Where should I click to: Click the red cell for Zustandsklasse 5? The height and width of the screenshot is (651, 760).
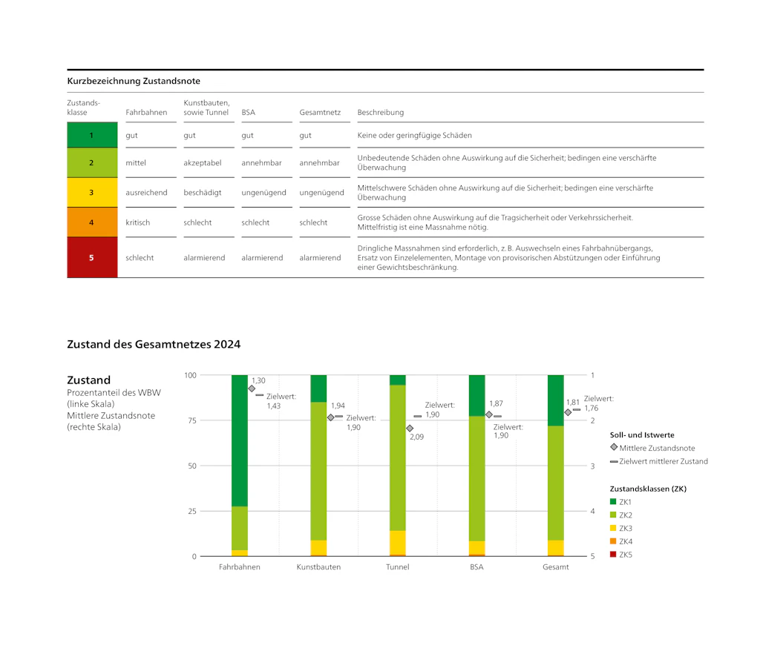[92, 257]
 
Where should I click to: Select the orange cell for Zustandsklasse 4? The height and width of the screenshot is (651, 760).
[92, 222]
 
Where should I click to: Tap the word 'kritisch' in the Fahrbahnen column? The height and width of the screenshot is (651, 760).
[137, 222]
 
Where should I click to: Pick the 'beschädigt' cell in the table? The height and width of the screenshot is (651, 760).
[202, 192]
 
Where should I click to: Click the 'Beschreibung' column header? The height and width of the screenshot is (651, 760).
[381, 113]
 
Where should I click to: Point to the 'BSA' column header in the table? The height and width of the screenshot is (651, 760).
[248, 113]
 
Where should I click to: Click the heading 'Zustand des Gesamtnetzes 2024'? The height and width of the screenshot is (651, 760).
[154, 344]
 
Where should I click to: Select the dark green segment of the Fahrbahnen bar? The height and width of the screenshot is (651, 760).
[240, 440]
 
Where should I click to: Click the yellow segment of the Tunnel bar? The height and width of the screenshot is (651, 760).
[398, 543]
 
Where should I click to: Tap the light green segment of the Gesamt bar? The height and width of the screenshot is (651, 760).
[555, 483]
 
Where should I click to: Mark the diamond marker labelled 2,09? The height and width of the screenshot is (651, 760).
[410, 428]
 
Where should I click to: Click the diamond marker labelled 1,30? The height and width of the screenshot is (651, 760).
[252, 389]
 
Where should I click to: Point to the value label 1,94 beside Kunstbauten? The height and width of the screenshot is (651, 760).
[338, 406]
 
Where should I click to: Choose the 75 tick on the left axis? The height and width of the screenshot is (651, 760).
[192, 420]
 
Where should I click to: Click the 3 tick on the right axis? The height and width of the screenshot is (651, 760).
[592, 466]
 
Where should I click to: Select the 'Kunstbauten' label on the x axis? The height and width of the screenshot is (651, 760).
[318, 566]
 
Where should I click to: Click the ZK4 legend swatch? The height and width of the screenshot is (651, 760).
[613, 541]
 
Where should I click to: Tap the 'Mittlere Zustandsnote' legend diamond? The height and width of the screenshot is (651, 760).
[614, 447]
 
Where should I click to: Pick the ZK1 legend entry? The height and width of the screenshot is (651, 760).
[621, 502]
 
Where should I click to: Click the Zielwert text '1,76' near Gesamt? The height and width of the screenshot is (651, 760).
[592, 408]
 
